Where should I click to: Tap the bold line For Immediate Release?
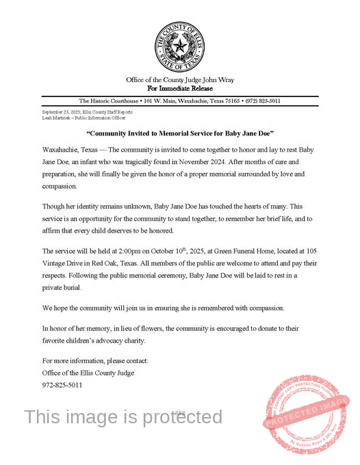180,88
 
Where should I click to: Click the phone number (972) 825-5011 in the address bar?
263,101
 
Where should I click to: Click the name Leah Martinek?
57,118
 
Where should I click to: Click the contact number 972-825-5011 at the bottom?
62,385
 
